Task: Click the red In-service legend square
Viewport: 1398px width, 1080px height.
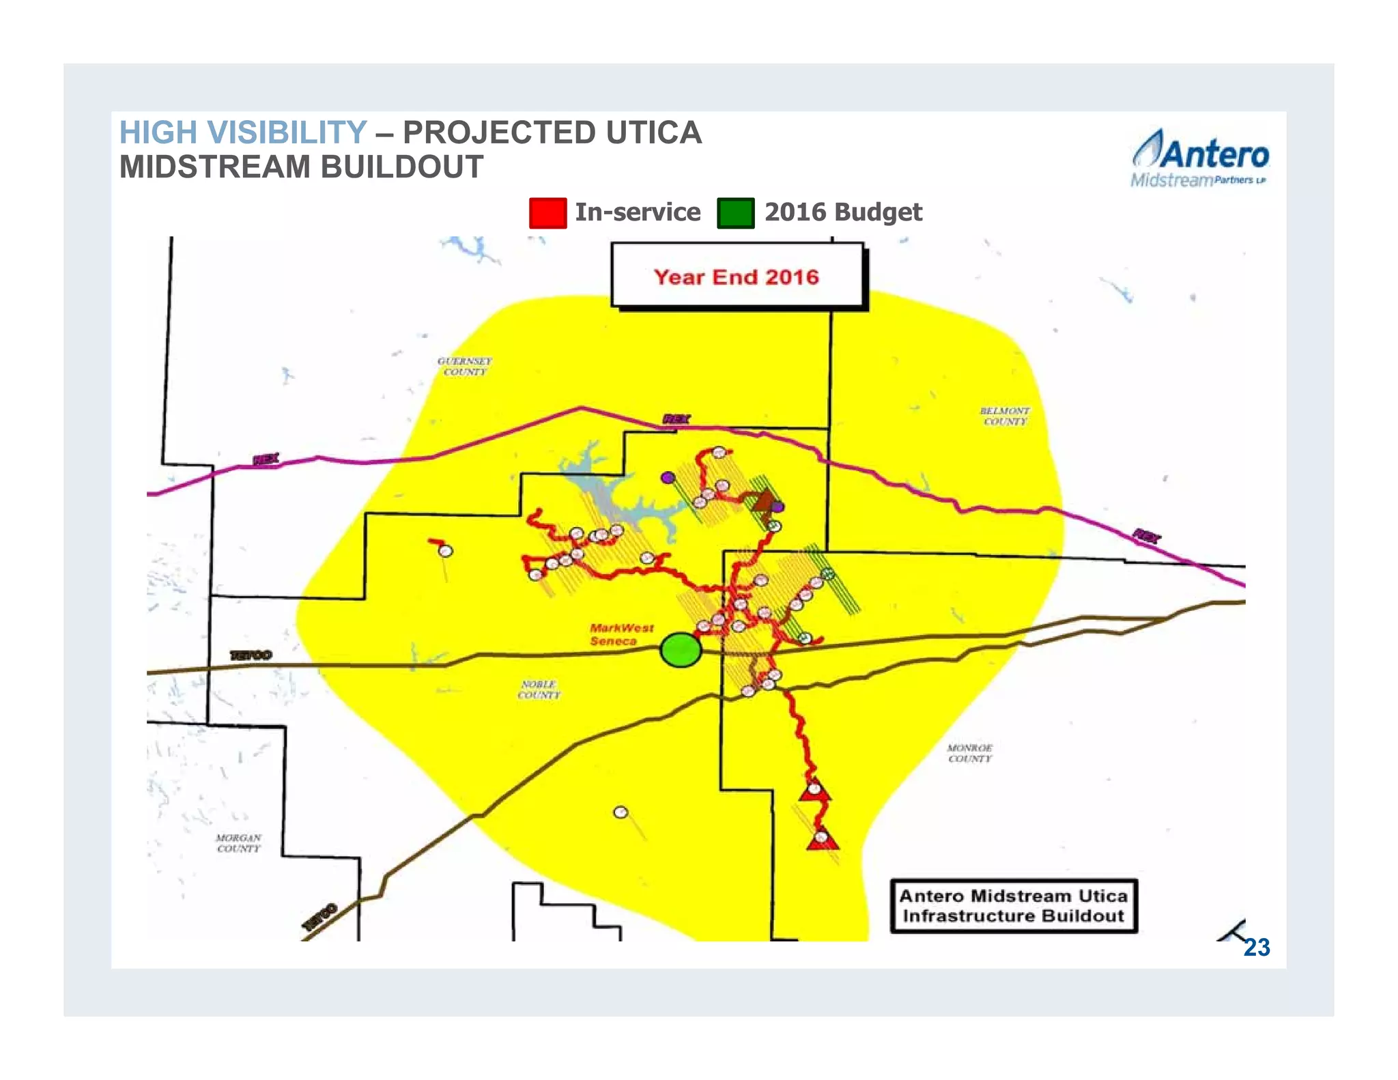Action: (547, 212)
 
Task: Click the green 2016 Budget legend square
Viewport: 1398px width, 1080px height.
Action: (735, 212)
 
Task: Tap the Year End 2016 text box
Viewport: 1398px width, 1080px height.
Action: (737, 276)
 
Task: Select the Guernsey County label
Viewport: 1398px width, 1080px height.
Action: (465, 366)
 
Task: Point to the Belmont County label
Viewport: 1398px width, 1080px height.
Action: (1005, 416)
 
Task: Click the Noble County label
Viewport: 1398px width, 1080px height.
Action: (539, 689)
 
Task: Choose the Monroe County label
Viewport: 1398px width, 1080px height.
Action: (969, 753)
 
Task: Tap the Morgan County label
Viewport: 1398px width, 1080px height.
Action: (239, 842)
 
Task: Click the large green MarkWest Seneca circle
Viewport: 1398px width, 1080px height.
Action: (681, 649)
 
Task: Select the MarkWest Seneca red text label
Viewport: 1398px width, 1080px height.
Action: (621, 634)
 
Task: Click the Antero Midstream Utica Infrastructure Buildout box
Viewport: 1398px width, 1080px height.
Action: (1013, 905)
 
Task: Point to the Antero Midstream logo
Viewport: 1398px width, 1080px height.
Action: (1199, 158)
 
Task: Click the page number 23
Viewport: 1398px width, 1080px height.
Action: (1256, 947)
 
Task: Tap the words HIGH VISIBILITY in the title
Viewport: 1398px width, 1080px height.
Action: (243, 132)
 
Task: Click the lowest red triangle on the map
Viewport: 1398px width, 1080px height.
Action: (822, 840)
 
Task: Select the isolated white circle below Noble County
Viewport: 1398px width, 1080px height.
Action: (620, 812)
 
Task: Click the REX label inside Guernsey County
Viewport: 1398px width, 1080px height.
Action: (676, 418)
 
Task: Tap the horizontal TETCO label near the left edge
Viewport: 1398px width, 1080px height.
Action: (251, 655)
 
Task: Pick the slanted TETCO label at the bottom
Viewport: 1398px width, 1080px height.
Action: (319, 916)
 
